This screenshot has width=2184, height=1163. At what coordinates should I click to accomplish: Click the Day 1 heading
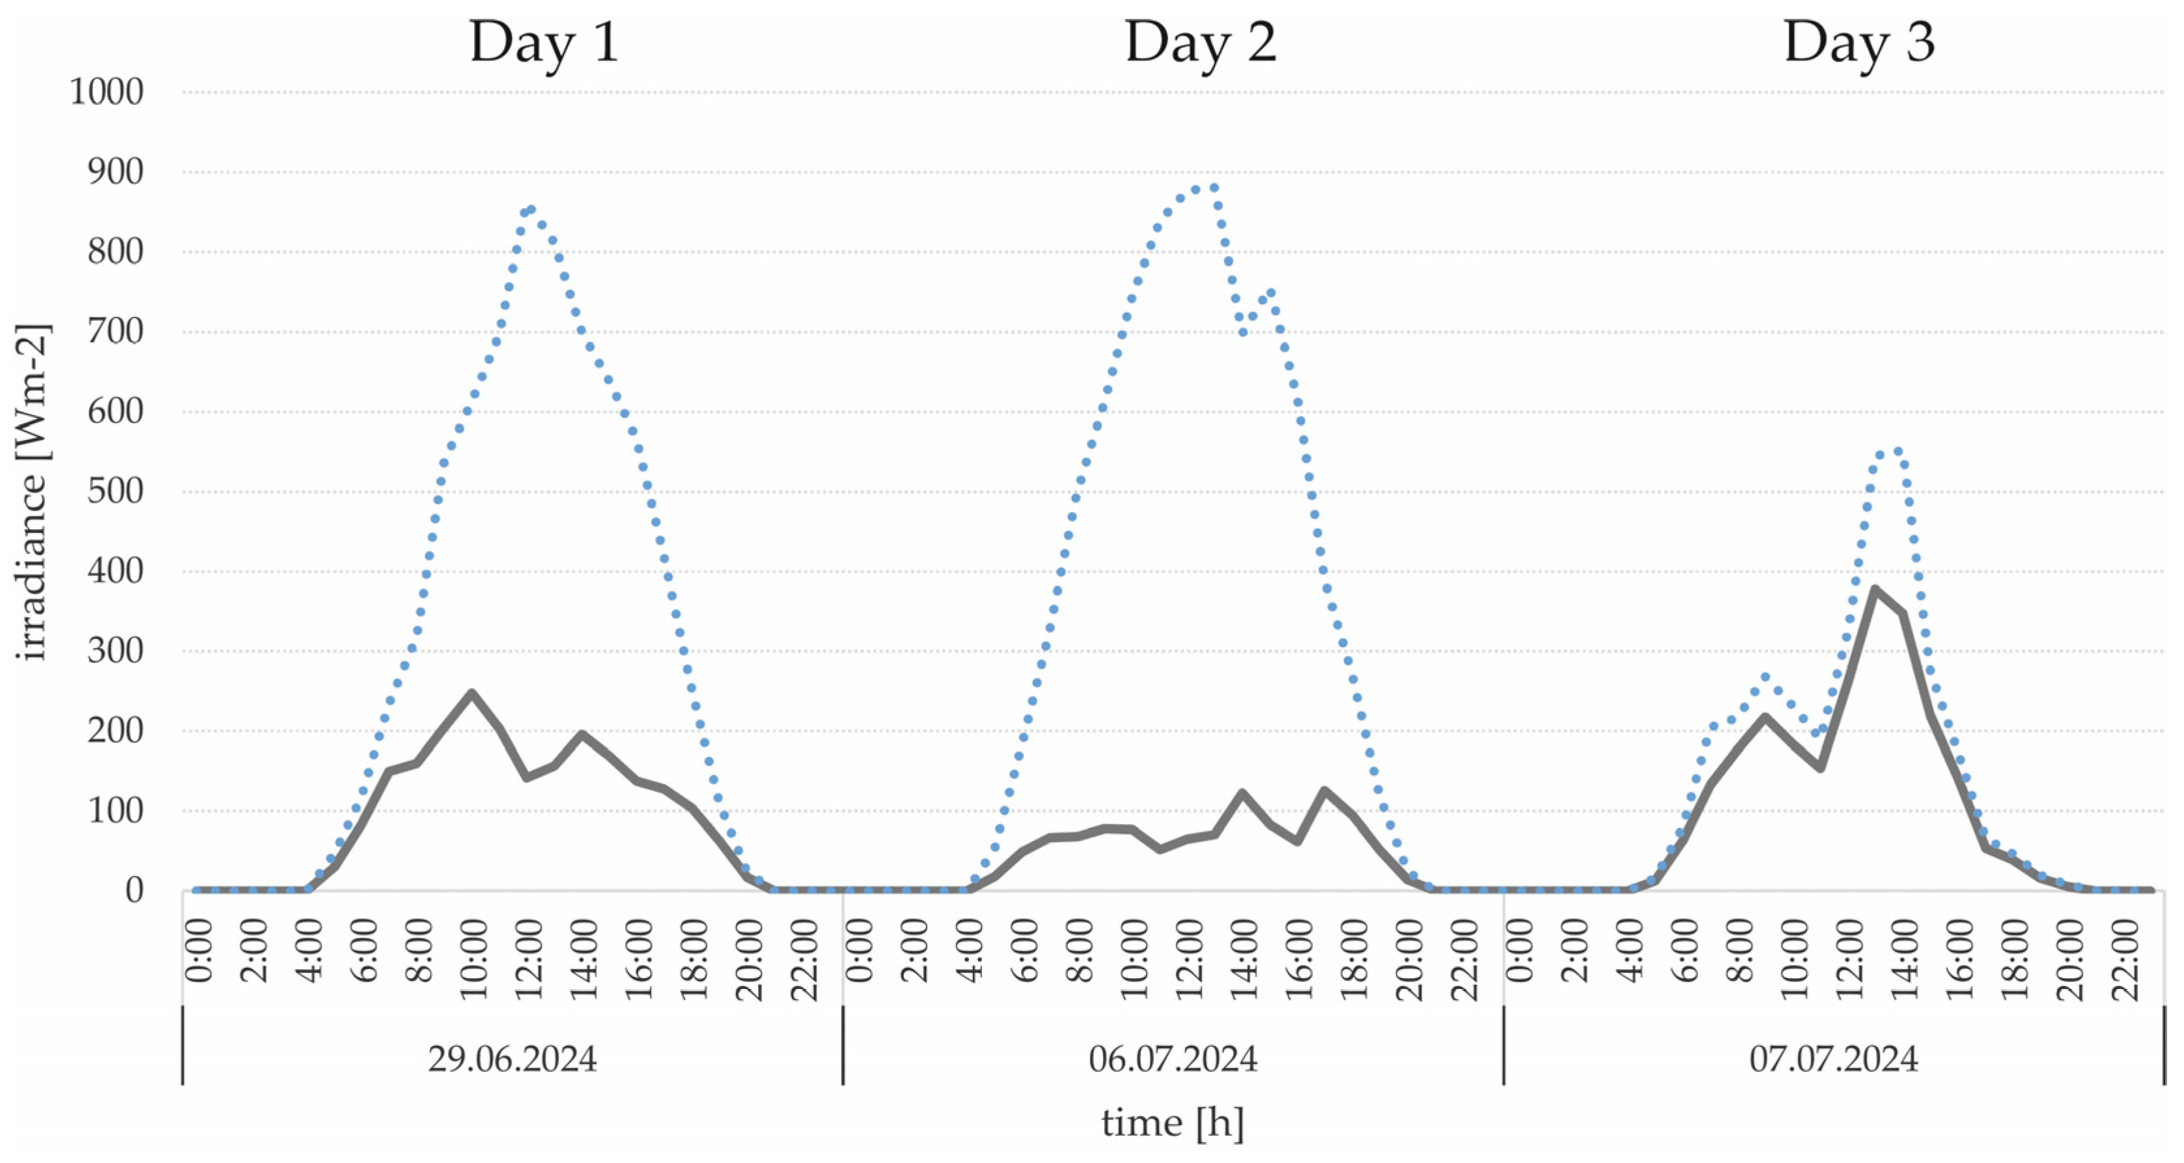click(544, 42)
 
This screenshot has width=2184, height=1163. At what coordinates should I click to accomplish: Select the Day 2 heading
click(1201, 42)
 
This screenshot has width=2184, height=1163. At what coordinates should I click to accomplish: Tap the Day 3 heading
click(1859, 42)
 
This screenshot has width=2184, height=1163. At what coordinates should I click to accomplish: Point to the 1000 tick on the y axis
click(107, 92)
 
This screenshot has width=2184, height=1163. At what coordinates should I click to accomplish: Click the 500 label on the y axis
click(115, 491)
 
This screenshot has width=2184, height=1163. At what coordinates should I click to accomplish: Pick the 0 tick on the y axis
click(134, 891)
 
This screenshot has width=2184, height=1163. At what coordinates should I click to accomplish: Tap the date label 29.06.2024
click(512, 1059)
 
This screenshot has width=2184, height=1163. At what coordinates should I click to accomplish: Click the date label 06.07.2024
click(1173, 1059)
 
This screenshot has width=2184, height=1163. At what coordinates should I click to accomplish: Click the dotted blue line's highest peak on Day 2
click(1214, 187)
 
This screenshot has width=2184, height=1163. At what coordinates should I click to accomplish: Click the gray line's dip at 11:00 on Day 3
click(1819, 768)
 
